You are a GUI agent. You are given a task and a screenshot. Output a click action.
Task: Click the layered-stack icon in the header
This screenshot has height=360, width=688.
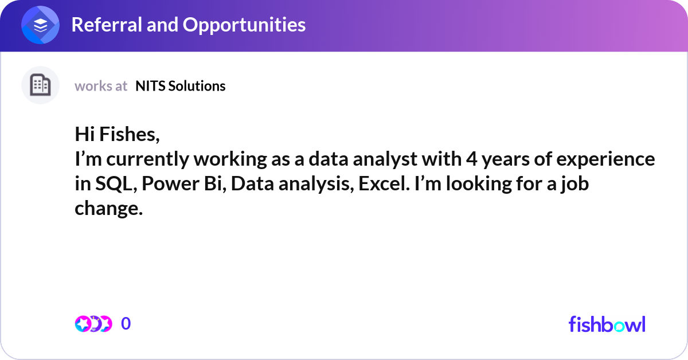(x=41, y=25)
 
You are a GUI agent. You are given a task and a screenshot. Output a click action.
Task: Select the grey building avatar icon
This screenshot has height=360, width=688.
(x=41, y=85)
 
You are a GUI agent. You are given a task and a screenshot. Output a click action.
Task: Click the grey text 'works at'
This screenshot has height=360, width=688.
(x=101, y=86)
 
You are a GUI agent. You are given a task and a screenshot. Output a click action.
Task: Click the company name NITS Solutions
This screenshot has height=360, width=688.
(x=180, y=86)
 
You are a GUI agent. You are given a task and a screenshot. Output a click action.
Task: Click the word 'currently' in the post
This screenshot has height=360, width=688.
(x=136, y=159)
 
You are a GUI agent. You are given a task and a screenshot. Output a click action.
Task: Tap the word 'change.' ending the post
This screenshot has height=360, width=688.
(x=108, y=209)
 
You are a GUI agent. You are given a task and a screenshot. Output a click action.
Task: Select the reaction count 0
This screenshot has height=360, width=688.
(x=126, y=324)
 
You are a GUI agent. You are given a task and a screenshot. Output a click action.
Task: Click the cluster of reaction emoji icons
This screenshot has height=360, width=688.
(x=93, y=324)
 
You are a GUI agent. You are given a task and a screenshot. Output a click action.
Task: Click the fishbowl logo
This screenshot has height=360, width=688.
(x=607, y=324)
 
